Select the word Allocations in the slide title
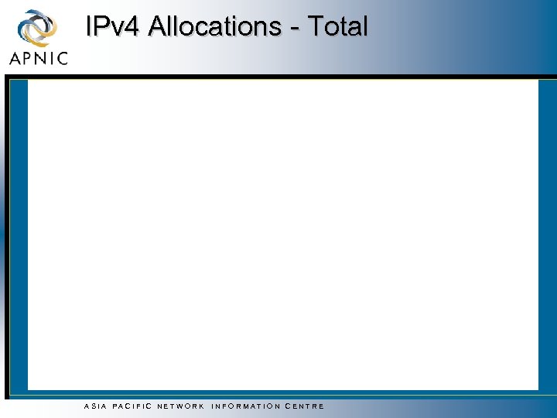pos(214,27)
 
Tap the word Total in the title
pos(338,27)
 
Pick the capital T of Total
pos(316,27)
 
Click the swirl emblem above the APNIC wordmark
pos(38,28)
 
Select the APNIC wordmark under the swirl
pos(39,58)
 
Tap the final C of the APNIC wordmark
pos(63,58)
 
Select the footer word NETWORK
pos(180,406)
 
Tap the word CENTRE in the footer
pos(305,406)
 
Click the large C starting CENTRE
pos(289,406)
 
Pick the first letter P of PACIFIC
pos(114,406)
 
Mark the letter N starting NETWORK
pos(159,406)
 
